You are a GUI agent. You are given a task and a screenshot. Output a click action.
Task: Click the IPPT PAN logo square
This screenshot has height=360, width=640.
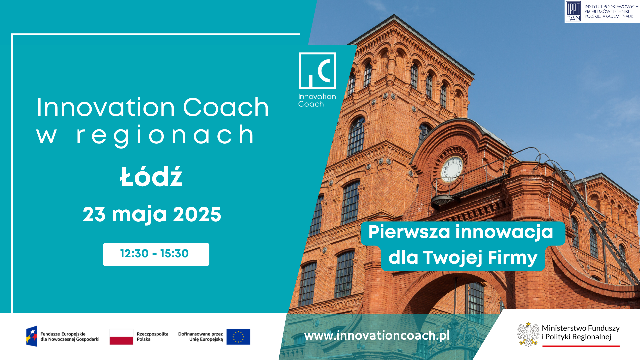[x=573, y=11]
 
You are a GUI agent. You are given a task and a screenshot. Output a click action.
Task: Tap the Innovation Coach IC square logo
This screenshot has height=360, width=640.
[x=317, y=71]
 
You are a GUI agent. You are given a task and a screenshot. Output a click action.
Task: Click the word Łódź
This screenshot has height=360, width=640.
[x=151, y=177]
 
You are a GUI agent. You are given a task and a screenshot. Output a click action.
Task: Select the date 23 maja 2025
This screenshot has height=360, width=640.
[x=152, y=214]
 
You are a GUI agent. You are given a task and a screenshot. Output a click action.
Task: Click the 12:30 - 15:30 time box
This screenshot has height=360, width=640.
[x=156, y=254]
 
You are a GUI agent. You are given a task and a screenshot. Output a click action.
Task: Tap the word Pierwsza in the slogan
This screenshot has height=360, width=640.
[x=409, y=232]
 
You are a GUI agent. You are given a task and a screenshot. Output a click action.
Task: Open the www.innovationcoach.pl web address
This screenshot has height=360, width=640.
[x=377, y=336]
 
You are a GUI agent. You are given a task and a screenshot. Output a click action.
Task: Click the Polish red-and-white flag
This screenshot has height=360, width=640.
[x=121, y=337]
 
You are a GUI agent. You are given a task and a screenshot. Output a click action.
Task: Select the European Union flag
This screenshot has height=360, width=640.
[x=238, y=337]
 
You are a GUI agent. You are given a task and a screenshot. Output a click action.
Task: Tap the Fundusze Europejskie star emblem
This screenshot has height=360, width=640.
[x=32, y=336]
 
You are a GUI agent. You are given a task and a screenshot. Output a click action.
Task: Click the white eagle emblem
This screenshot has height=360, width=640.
[x=528, y=334]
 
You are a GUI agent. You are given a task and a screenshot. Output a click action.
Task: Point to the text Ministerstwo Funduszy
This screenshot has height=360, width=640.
[x=581, y=328]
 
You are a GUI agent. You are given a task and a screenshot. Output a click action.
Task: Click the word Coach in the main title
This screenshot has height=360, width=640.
[x=226, y=107]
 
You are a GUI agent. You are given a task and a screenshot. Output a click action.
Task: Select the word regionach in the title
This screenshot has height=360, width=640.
[x=165, y=135]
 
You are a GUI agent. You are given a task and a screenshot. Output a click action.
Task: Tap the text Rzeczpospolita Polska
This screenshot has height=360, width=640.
[x=152, y=337]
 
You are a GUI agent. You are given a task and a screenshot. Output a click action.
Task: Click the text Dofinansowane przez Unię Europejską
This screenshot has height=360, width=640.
[x=200, y=337]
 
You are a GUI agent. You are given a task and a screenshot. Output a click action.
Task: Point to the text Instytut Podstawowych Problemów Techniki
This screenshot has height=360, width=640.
[x=611, y=9]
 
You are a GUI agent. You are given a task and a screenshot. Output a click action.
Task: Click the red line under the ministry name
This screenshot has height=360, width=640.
[x=581, y=346]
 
